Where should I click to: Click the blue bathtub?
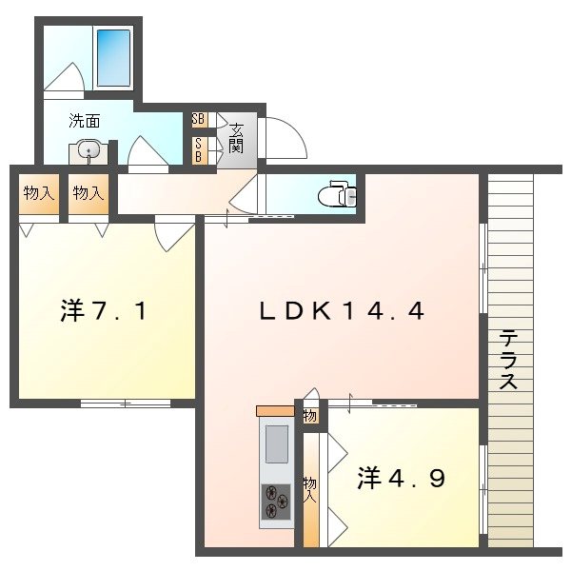(113, 57)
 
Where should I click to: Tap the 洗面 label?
(85, 121)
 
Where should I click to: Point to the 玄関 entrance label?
(236, 138)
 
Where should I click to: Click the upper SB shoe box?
(200, 119)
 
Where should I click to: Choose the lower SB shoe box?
(200, 150)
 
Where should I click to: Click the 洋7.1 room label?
(104, 310)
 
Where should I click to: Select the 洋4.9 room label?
(401, 478)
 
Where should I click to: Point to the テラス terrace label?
(509, 359)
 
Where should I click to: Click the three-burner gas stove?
(276, 502)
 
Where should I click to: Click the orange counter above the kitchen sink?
(275, 411)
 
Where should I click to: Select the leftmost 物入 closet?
(39, 193)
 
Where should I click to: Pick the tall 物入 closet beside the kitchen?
(311, 489)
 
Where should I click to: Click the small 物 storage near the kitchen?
(311, 416)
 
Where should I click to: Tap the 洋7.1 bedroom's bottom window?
(126, 404)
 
